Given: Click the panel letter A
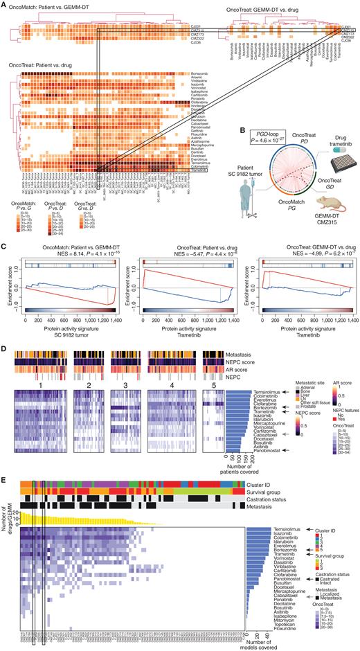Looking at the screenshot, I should (3, 3).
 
